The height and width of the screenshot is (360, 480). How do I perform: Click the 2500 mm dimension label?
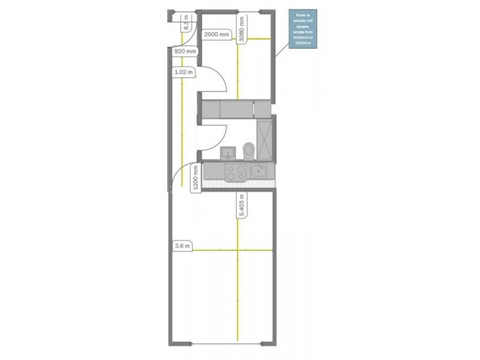pyautogui.click(x=217, y=35)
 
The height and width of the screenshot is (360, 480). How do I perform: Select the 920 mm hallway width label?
pyautogui.click(x=185, y=52)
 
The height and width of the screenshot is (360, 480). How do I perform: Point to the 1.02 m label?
pyautogui.click(x=183, y=73)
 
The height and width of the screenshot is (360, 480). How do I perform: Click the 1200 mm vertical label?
pyautogui.click(x=196, y=179)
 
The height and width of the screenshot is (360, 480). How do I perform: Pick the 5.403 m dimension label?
pyautogui.click(x=242, y=206)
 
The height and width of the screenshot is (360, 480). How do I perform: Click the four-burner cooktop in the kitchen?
pyautogui.click(x=235, y=172)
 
